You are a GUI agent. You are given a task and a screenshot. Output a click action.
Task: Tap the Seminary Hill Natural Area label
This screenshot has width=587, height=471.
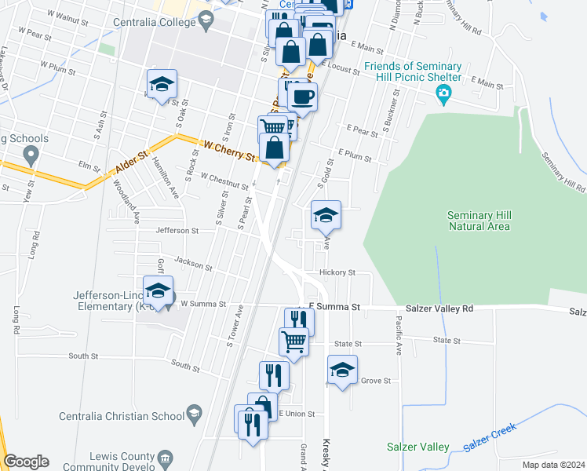click(x=479, y=221)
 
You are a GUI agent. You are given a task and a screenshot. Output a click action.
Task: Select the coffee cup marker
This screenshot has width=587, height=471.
click(x=302, y=97)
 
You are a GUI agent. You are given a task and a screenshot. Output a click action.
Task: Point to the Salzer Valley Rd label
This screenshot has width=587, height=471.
click(x=439, y=309)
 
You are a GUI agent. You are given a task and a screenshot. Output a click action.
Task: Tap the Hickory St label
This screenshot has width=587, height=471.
click(x=337, y=273)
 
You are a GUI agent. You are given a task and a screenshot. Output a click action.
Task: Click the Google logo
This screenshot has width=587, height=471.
click(x=26, y=462)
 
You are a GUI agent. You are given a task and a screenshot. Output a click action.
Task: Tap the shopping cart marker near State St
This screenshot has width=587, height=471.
click(x=293, y=341)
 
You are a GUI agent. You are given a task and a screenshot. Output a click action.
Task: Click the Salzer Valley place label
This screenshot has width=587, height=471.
click(x=417, y=447)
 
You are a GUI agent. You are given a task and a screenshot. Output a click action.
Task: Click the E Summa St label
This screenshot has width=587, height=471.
click(x=334, y=309)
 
